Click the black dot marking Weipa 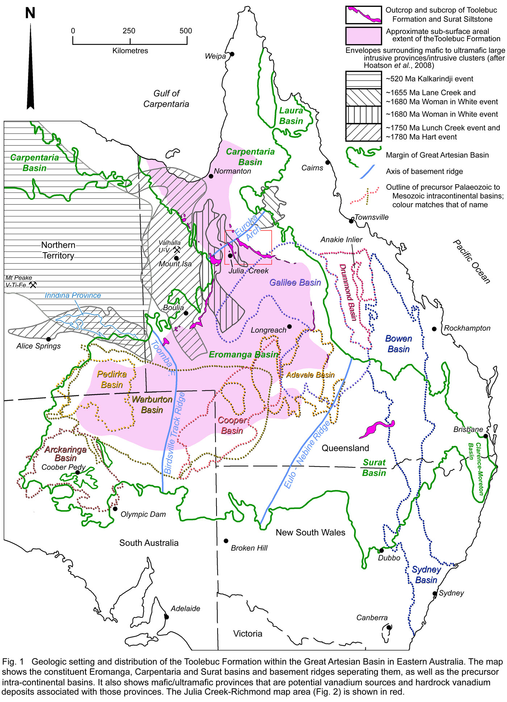pyautogui.click(x=232, y=54)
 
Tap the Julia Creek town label pyautogui.click(x=248, y=271)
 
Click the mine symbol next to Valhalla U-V pyautogui.click(x=177, y=250)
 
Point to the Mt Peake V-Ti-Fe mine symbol pyautogui.click(x=33, y=285)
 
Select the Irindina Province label pyautogui.click(x=72, y=295)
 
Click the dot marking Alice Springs pyautogui.click(x=49, y=339)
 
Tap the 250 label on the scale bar pyautogui.click(x=129, y=31)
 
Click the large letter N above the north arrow pyautogui.click(x=30, y=13)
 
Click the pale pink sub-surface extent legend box pyautogui.click(x=363, y=35)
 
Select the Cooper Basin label pyautogui.click(x=232, y=426)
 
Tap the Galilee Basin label pyautogui.click(x=295, y=283)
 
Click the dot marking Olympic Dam pyautogui.click(x=115, y=509)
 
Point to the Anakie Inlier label pyautogui.click(x=341, y=240)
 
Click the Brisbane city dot pyautogui.click(x=485, y=436)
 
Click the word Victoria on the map pyautogui.click(x=247, y=634)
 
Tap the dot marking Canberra pyautogui.click(x=389, y=627)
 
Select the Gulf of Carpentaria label pyautogui.click(x=166, y=99)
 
